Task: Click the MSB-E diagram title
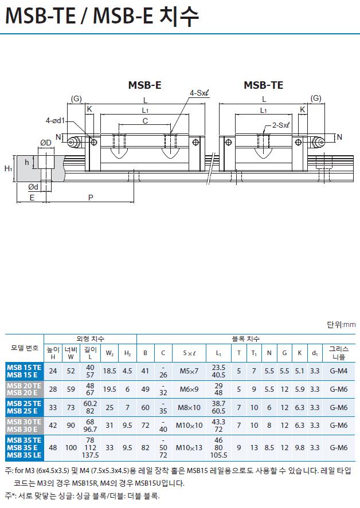tap(144, 85)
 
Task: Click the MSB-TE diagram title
tap(263, 85)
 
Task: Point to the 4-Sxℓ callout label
tap(199, 93)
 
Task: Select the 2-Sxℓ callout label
tap(280, 125)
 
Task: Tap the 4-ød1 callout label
tap(55, 121)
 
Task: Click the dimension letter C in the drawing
tap(145, 121)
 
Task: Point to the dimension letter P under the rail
tap(91, 198)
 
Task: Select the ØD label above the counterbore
tap(46, 143)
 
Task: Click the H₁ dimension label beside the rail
tap(9, 168)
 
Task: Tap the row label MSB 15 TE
tap(24, 367)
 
